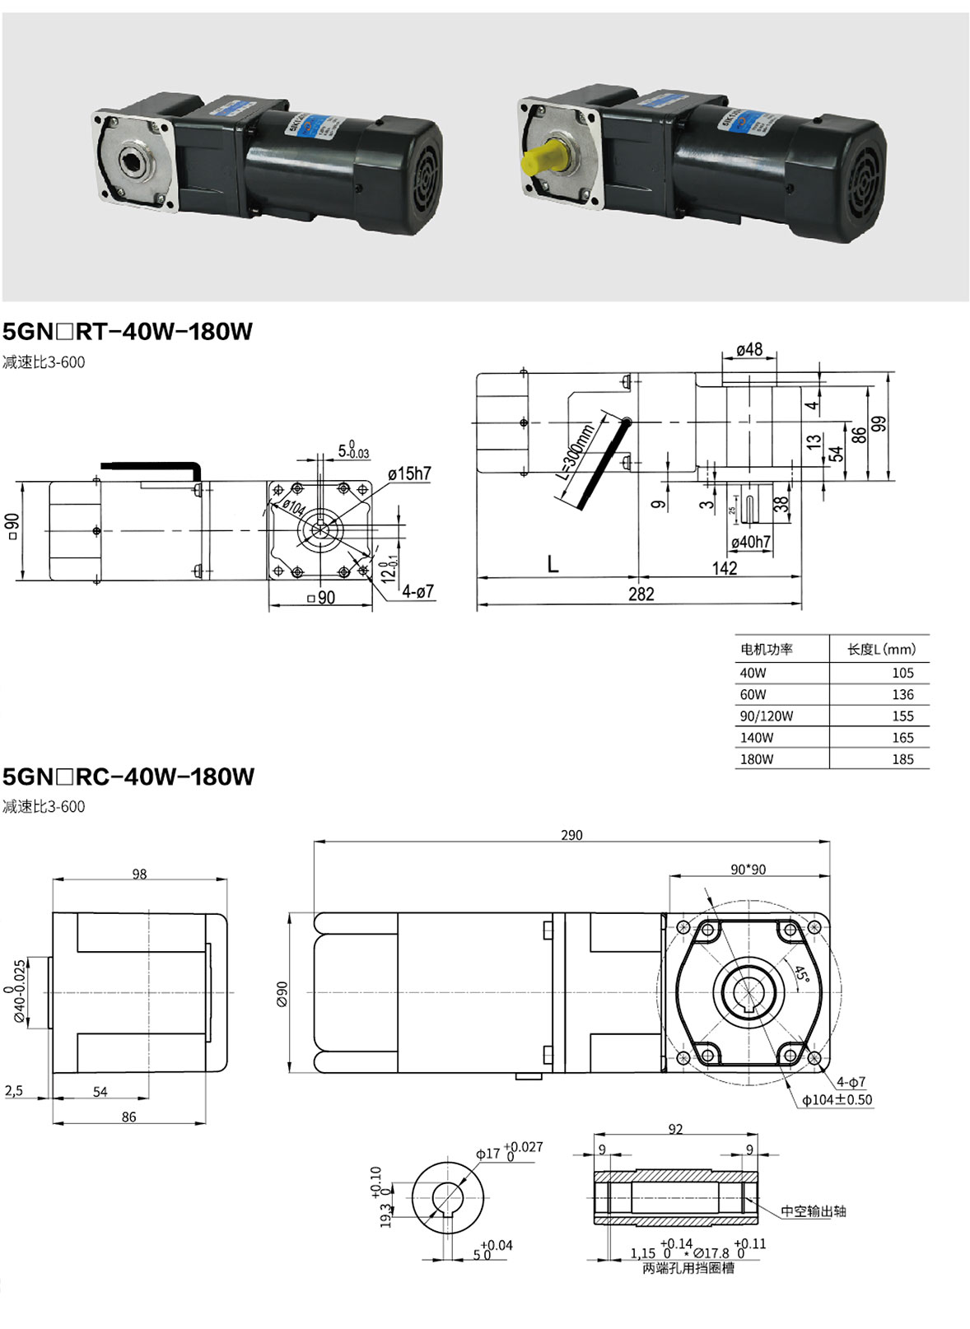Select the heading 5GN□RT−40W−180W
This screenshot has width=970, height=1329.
tap(128, 332)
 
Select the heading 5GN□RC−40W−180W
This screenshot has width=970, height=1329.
tap(128, 776)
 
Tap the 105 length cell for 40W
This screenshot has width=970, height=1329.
tap(902, 673)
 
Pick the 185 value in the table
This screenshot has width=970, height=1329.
tap(902, 759)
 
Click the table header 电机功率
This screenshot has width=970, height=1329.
tap(766, 649)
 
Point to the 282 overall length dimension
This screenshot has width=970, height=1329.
tap(641, 595)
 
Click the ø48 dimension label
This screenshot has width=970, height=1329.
tap(749, 350)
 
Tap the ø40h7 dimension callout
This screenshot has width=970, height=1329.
tap(750, 542)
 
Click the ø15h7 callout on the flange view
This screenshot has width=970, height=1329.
tap(409, 473)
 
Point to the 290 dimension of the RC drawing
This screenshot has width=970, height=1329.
tap(571, 835)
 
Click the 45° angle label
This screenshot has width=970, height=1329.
tap(800, 973)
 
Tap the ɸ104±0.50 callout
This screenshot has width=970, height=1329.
tap(837, 1100)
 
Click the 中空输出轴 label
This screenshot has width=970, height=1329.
tap(813, 1211)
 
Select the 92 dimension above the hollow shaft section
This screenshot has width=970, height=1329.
tap(675, 1129)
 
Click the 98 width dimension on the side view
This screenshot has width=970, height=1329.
tap(139, 874)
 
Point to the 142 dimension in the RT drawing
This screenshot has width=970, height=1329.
tap(725, 568)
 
